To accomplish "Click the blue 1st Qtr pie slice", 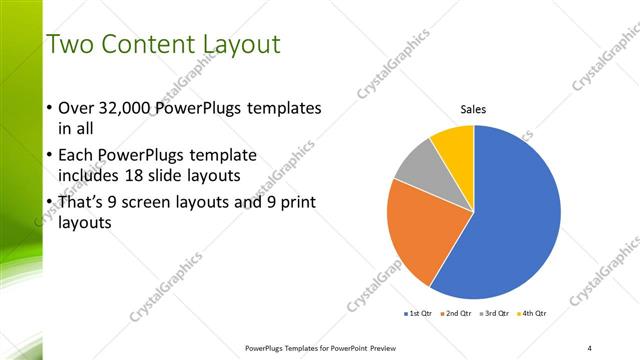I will point(510,220).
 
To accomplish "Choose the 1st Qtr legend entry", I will point(418,313).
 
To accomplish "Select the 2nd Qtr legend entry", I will point(458,313).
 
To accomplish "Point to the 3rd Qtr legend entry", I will point(497,313).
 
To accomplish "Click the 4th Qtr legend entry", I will point(536,313).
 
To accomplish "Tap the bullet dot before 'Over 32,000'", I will point(50,108).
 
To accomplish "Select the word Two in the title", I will point(71,44).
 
